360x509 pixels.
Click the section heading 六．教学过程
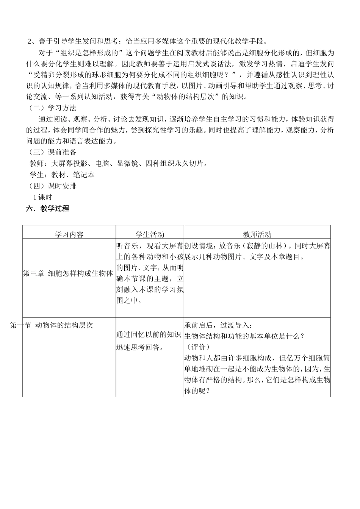tap(47, 208)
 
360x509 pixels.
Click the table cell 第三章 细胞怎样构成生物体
tap(68, 273)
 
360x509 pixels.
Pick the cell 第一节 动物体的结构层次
tap(52, 325)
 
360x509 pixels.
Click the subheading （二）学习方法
tap(53, 108)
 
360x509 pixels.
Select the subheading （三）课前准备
tap(53, 152)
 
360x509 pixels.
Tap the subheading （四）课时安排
tap(53, 186)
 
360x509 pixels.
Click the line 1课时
tap(43, 197)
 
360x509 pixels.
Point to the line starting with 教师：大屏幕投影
tap(119, 164)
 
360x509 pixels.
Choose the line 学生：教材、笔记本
tap(62, 175)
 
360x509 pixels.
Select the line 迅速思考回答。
tap(140, 347)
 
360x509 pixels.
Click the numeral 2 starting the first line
tap(30, 41)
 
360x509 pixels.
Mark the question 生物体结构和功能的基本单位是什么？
tap(244, 336)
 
